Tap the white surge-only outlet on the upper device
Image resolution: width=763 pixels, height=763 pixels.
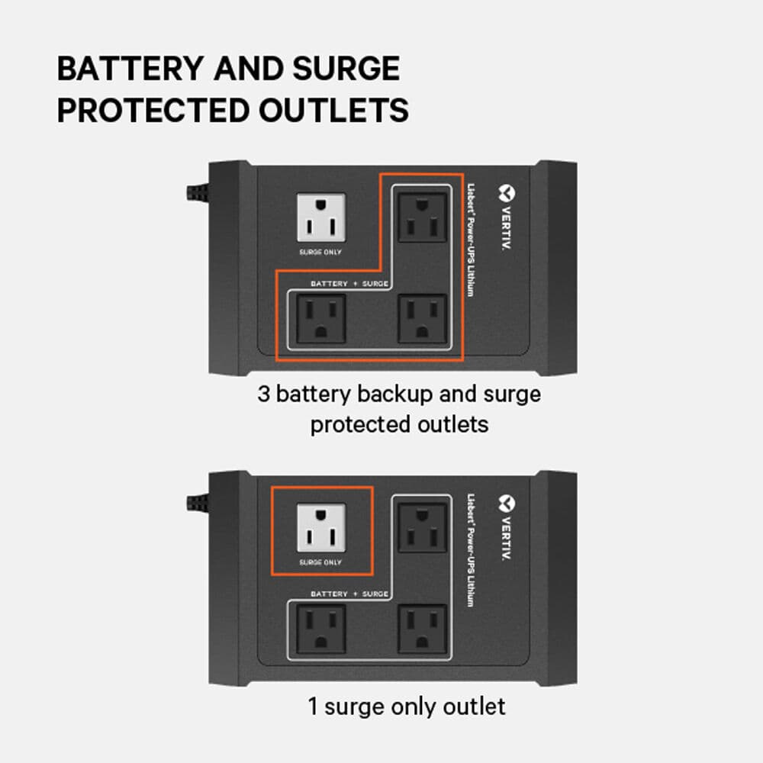click(x=320, y=217)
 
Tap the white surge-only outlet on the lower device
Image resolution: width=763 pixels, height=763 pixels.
click(x=320, y=527)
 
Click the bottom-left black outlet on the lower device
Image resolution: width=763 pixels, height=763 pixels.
click(x=320, y=629)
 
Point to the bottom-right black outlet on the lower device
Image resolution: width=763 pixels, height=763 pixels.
click(x=422, y=629)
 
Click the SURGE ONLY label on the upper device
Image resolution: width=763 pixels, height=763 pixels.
click(x=320, y=252)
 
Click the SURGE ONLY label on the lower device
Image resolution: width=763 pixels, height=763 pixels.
click(x=320, y=562)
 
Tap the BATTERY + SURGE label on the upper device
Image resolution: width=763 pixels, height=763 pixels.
click(x=349, y=284)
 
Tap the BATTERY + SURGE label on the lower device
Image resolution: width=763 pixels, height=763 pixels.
click(x=349, y=594)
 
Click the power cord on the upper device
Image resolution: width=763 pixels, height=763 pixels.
click(x=198, y=191)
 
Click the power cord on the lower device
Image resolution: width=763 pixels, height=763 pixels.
click(x=198, y=502)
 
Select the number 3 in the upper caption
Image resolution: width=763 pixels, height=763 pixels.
click(x=263, y=394)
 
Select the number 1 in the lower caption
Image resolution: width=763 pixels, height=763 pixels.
click(x=312, y=706)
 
